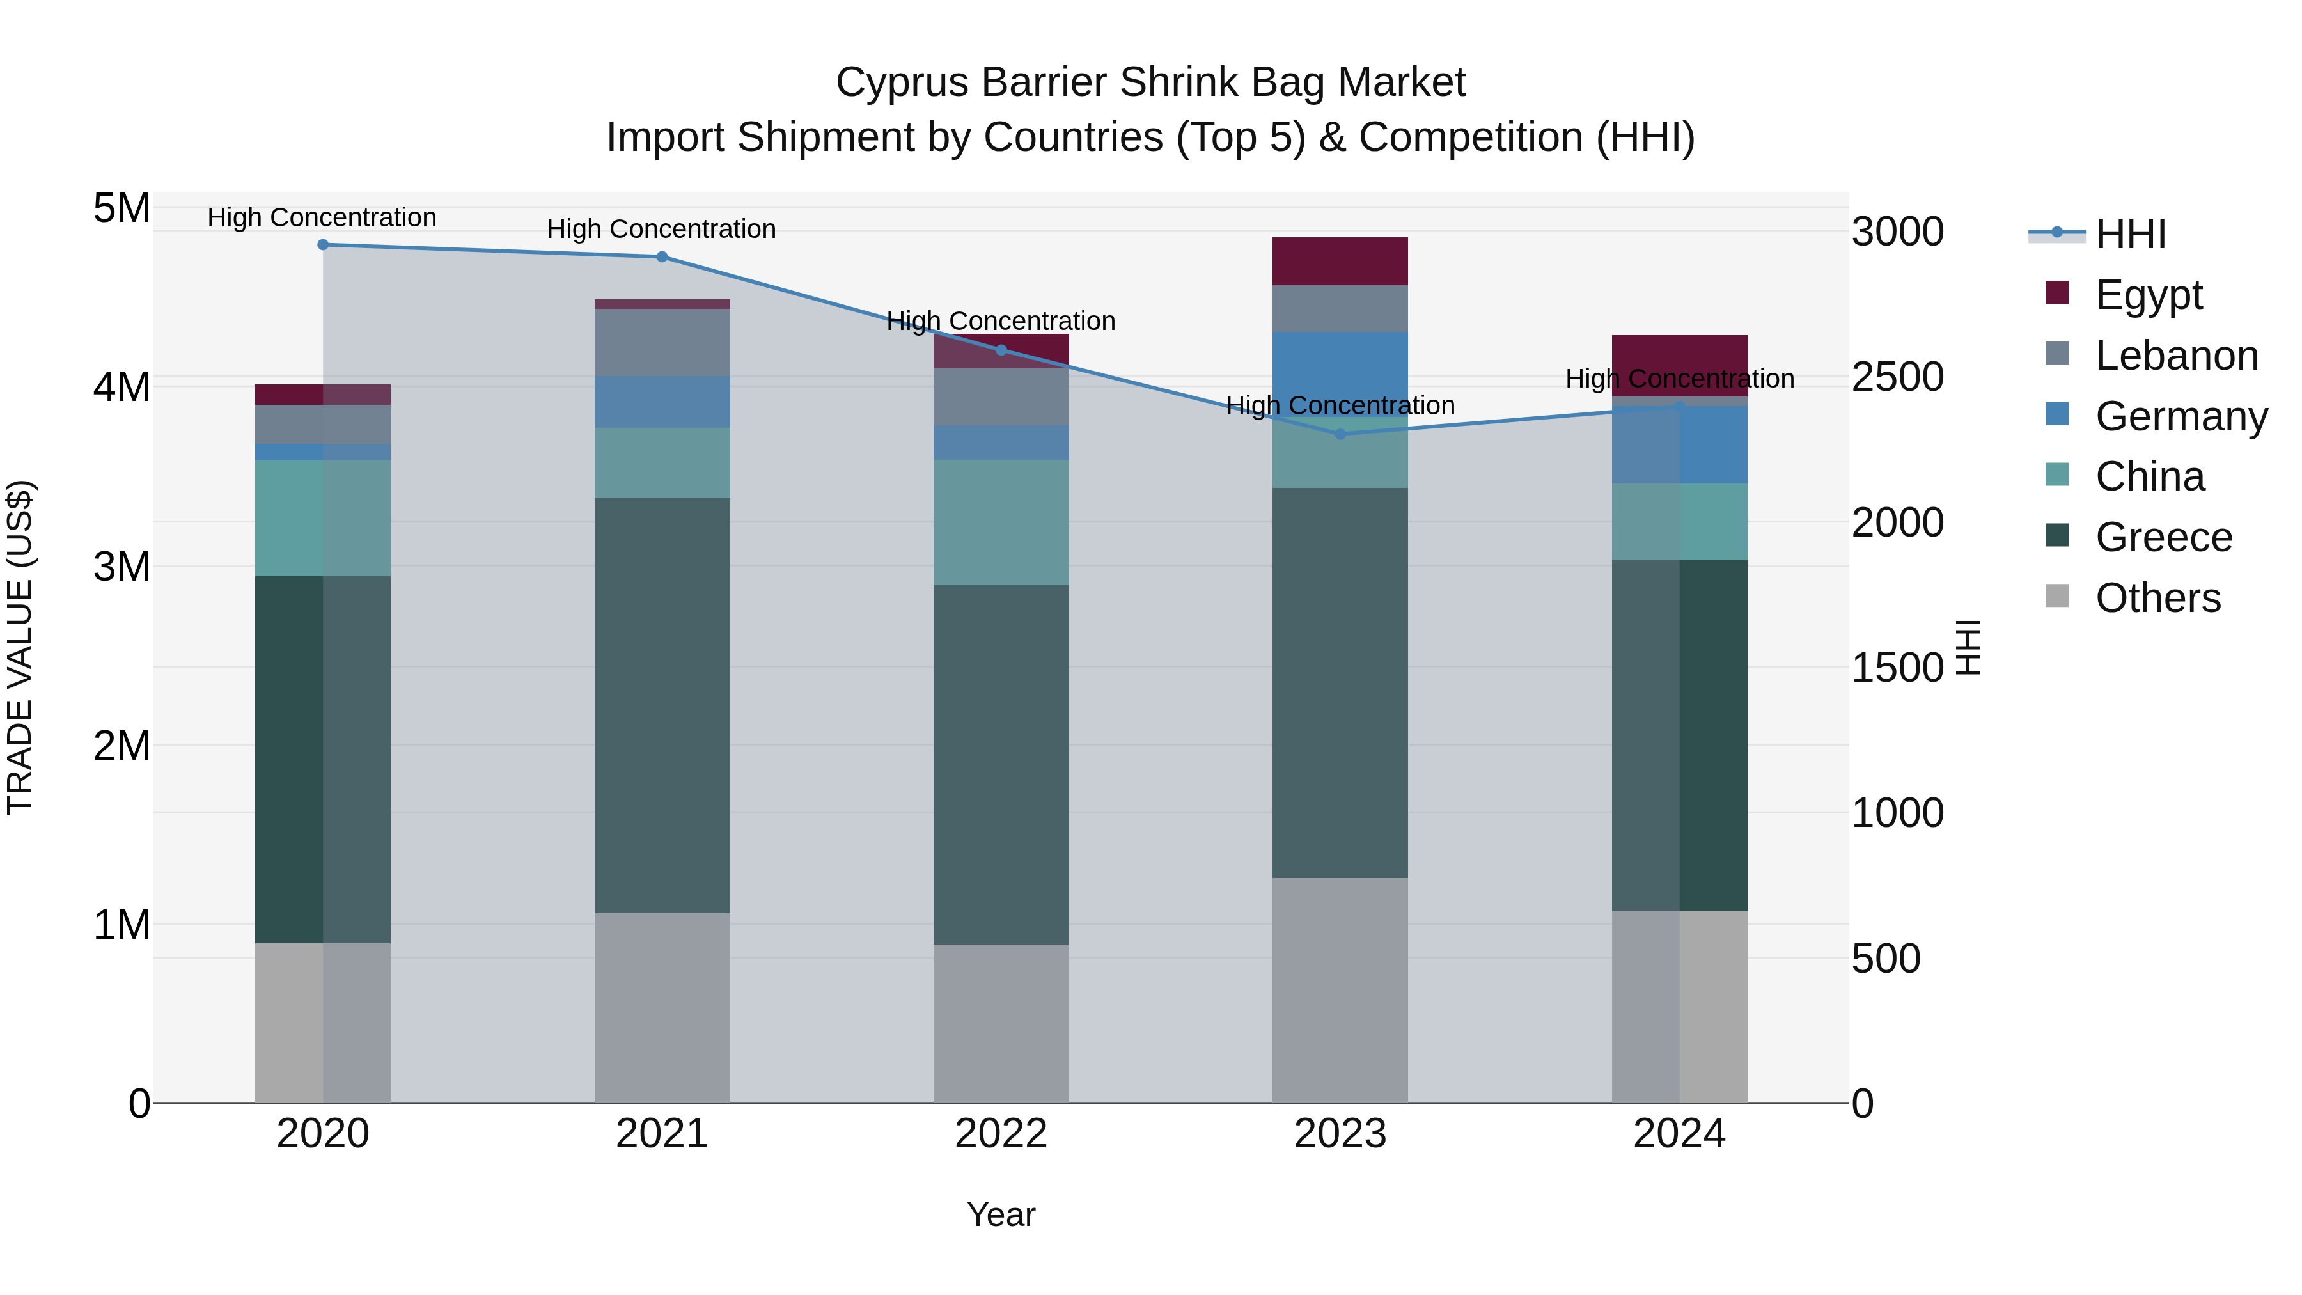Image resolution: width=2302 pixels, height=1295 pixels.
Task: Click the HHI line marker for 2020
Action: tap(323, 245)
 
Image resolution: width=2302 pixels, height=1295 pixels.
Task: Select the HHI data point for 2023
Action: tap(1340, 434)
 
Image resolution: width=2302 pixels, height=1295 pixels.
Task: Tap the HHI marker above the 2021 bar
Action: tap(662, 257)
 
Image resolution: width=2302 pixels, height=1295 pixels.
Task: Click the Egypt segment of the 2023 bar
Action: tap(1340, 261)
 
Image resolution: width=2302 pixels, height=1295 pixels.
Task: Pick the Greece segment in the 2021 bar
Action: tap(662, 705)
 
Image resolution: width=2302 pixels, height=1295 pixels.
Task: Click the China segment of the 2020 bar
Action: tap(323, 519)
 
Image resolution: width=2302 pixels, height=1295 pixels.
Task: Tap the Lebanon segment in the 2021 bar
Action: tap(662, 342)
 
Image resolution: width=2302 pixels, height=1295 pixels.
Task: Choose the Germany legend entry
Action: tap(2181, 416)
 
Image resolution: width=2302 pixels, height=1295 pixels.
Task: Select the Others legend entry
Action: tap(2157, 598)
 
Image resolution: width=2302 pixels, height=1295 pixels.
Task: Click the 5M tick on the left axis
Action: tap(121, 208)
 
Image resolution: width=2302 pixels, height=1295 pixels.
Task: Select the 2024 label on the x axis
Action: tap(1679, 1134)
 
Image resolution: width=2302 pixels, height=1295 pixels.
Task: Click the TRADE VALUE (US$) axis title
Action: tap(20, 647)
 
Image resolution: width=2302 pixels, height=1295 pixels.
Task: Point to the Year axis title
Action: tap(1001, 1214)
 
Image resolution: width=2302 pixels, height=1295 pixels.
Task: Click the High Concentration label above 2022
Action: tap(1001, 321)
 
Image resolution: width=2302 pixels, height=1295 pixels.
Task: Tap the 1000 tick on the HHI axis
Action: tap(1897, 813)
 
